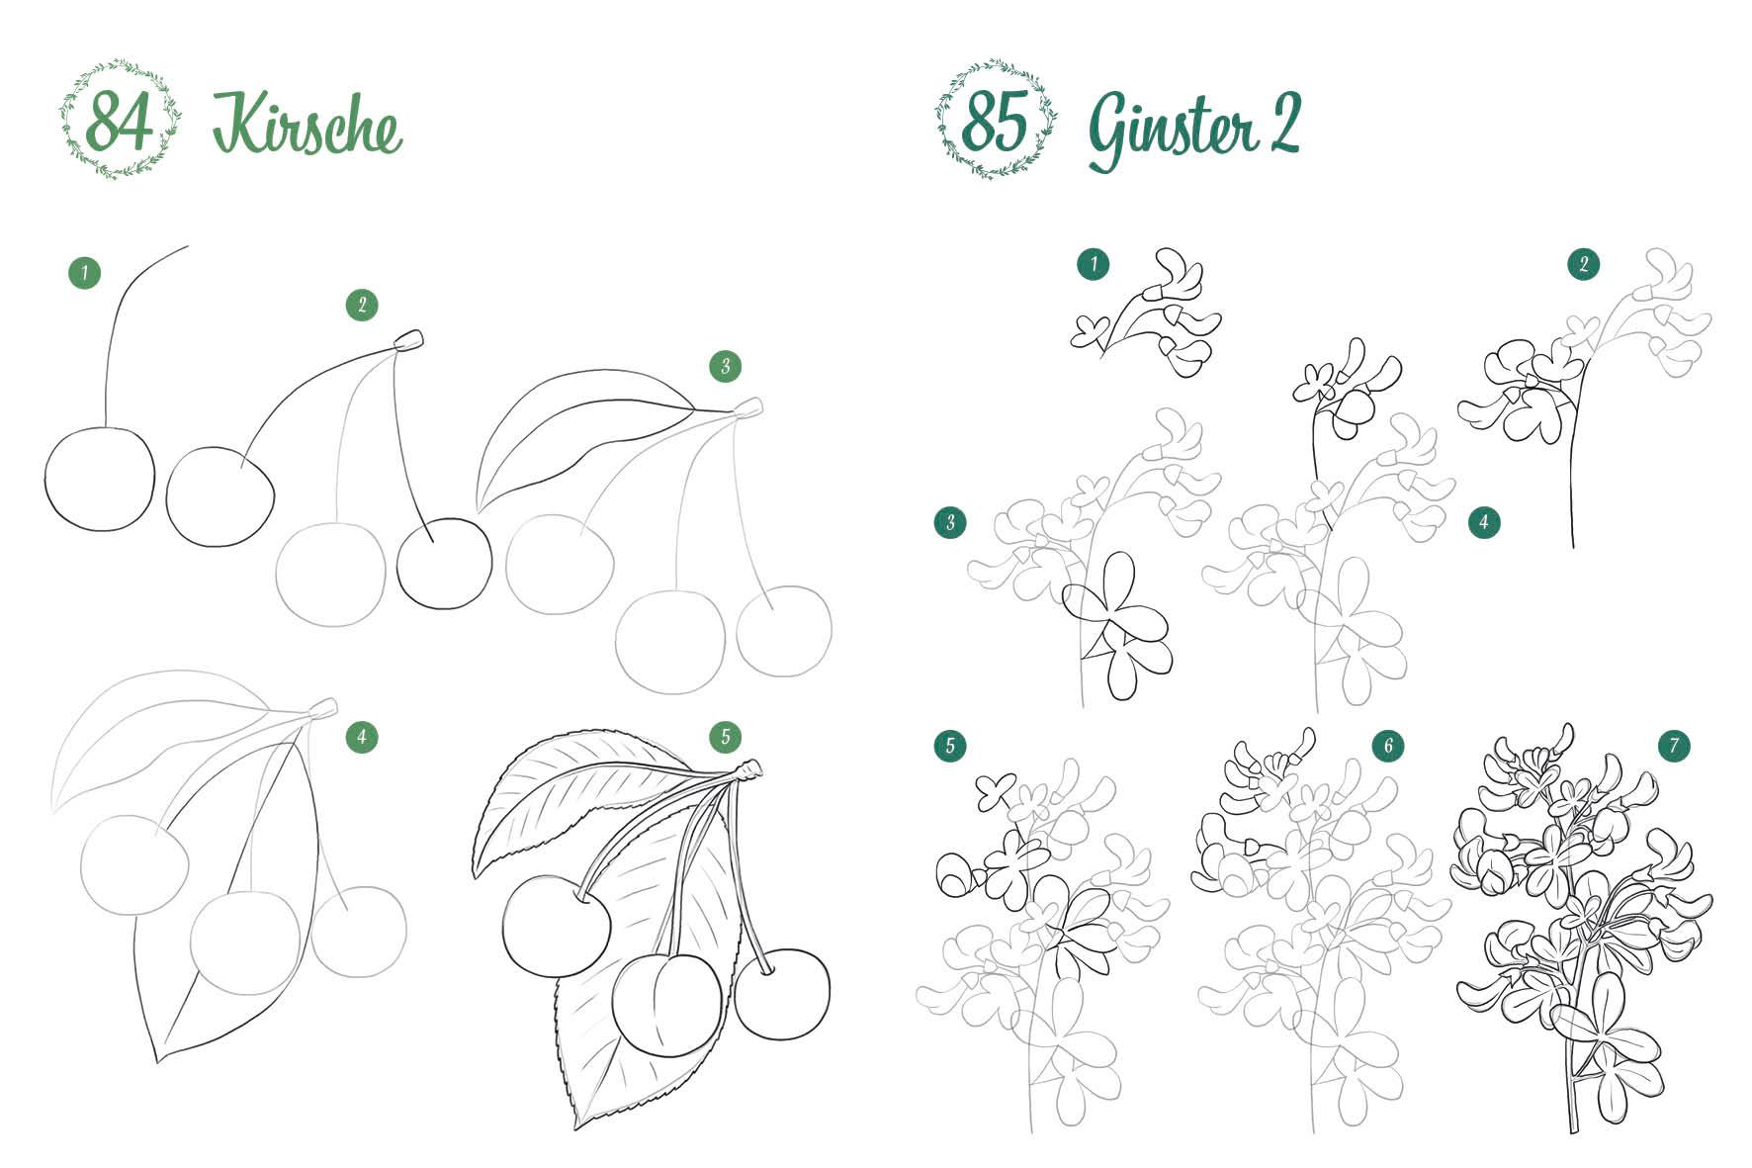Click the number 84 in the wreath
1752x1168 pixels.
click(120, 123)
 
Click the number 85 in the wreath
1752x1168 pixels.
click(994, 122)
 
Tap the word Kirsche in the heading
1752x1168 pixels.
click(307, 126)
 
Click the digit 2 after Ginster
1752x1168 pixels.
click(1285, 123)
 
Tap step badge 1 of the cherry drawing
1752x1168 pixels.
click(85, 273)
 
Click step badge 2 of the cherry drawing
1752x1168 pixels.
click(362, 305)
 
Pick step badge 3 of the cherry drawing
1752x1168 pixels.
click(726, 366)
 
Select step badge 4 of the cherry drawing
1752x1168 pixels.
click(362, 736)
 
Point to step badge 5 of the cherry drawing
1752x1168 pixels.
click(726, 736)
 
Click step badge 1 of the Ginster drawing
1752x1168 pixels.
click(1094, 264)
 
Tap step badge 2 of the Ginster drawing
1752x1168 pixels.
click(1584, 264)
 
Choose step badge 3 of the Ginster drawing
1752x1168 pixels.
click(950, 522)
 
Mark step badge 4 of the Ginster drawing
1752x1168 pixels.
click(1484, 522)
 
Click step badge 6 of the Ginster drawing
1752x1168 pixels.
click(1388, 746)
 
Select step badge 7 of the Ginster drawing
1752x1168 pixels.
click(1675, 746)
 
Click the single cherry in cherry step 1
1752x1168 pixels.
click(100, 478)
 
